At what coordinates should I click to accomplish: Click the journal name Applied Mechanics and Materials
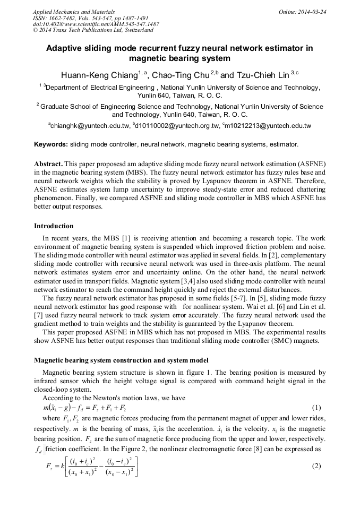pos(74,12)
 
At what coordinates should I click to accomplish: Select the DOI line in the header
pos(96,24)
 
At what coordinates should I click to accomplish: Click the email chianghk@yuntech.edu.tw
pos(90,126)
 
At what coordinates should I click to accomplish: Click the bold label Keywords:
pos(51,144)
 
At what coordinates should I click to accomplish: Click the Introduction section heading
pos(54,226)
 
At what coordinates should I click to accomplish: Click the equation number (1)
pos(316,408)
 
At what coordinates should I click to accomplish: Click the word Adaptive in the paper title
pos(65,48)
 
